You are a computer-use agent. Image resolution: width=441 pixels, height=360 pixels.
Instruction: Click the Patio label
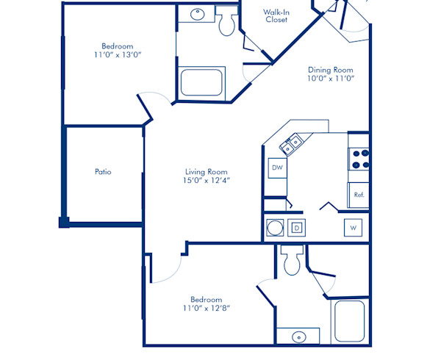click(103, 172)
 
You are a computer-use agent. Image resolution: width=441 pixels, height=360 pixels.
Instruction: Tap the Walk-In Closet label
click(276, 15)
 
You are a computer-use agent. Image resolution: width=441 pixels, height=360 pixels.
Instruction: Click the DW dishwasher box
click(277, 168)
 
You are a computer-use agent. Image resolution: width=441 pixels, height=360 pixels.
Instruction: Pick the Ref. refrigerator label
click(359, 195)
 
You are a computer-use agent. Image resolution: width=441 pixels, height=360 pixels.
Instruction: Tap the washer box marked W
click(353, 228)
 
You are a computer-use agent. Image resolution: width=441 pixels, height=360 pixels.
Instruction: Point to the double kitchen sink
click(291, 144)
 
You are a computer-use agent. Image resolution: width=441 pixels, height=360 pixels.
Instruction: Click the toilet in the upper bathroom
click(226, 24)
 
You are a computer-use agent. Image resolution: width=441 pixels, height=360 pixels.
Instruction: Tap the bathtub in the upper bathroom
click(201, 82)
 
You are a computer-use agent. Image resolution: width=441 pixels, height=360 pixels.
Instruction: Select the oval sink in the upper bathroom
click(198, 13)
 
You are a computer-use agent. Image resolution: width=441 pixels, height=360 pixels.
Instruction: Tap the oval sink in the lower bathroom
click(300, 336)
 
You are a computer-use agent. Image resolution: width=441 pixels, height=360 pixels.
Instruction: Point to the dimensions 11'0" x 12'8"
click(207, 309)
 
